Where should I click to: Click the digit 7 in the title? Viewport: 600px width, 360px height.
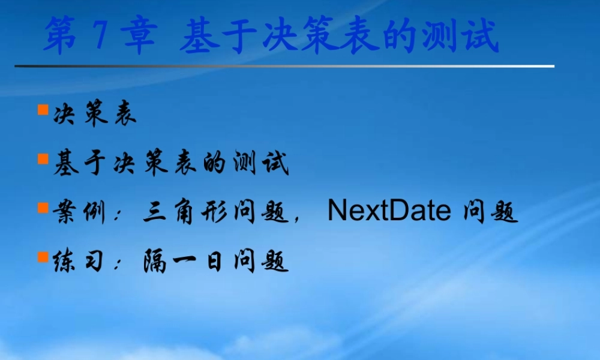coord(100,36)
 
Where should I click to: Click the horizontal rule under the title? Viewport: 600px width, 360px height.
coord(284,66)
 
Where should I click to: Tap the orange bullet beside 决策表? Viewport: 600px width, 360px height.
coord(43,110)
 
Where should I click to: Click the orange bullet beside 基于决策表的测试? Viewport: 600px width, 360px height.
coord(43,159)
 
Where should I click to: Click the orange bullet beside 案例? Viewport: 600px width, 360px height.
coord(43,208)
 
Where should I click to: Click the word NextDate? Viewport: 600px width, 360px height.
coord(389,211)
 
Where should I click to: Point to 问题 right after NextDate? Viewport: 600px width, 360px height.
coord(490,212)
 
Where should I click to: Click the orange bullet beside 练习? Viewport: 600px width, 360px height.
coord(43,257)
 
